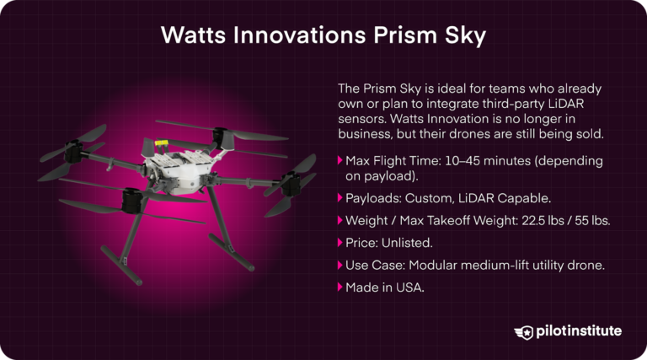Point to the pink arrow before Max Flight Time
(x=340, y=160)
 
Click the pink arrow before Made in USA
(x=340, y=287)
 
